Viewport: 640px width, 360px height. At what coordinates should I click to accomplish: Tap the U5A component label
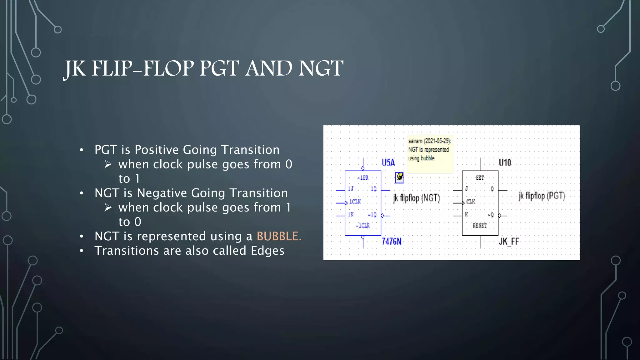pyautogui.click(x=388, y=162)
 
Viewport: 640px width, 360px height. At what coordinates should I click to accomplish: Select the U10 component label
pyautogui.click(x=505, y=162)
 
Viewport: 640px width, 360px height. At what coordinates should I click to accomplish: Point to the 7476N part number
pyautogui.click(x=391, y=242)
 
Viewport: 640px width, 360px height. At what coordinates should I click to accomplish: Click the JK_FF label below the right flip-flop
pyautogui.click(x=509, y=242)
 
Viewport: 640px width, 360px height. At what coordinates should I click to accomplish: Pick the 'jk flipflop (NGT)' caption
pyautogui.click(x=416, y=198)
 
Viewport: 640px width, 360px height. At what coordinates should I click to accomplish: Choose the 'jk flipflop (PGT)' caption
pyautogui.click(x=542, y=196)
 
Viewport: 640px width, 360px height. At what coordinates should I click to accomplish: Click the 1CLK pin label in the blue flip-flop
pyautogui.click(x=355, y=202)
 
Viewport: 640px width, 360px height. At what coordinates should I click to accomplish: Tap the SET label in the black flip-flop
pyautogui.click(x=480, y=178)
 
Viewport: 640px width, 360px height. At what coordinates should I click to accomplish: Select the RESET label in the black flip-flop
pyautogui.click(x=480, y=226)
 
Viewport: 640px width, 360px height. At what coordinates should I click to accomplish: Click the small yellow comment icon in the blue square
pyautogui.click(x=399, y=177)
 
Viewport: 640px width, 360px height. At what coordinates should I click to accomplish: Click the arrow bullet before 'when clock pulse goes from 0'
pyautogui.click(x=108, y=164)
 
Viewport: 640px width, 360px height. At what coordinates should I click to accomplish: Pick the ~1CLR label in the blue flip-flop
pyautogui.click(x=363, y=226)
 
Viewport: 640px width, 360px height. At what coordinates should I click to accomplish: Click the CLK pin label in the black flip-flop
pyautogui.click(x=471, y=202)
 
